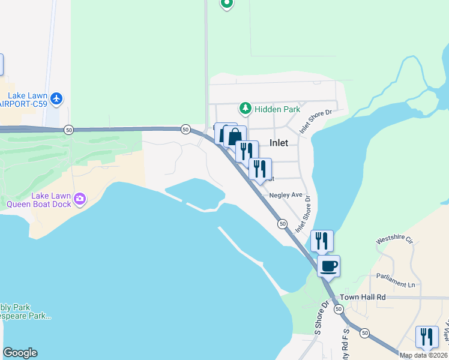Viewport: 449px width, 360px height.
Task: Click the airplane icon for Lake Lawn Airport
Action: coord(56,98)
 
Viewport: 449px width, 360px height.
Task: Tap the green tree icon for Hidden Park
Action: coord(245,109)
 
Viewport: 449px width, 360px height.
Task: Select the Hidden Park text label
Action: coord(277,110)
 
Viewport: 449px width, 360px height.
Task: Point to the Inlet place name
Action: coord(279,143)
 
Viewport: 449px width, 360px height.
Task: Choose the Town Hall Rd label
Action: coord(363,297)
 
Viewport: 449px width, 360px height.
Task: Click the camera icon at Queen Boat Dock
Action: coord(80,197)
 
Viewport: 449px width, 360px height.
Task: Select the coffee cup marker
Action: coord(328,265)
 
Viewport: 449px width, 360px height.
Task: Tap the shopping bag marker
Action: coord(235,136)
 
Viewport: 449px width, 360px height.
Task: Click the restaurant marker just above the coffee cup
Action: coord(321,241)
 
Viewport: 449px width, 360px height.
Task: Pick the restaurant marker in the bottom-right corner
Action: coord(426,336)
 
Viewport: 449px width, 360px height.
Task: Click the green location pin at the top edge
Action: coord(226,4)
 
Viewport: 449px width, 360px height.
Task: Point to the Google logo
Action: coord(20,353)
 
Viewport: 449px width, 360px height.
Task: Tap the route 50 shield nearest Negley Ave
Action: coord(282,224)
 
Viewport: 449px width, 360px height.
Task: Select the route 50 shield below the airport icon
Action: coord(69,130)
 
